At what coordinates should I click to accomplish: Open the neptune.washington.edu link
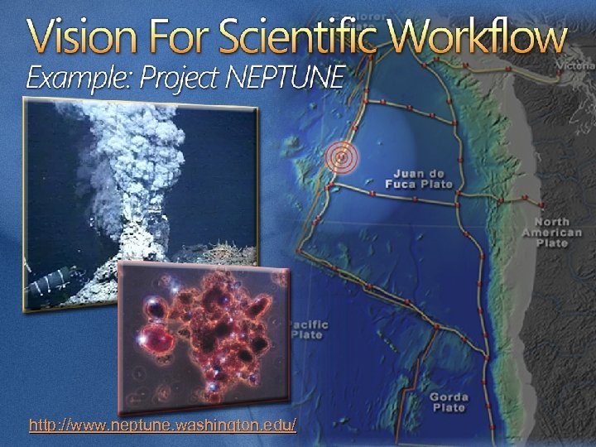pos(162,426)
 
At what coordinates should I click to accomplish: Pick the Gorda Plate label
pos(449,402)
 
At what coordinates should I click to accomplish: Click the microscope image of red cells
pos(203,335)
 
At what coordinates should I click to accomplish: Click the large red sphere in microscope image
pos(152,338)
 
